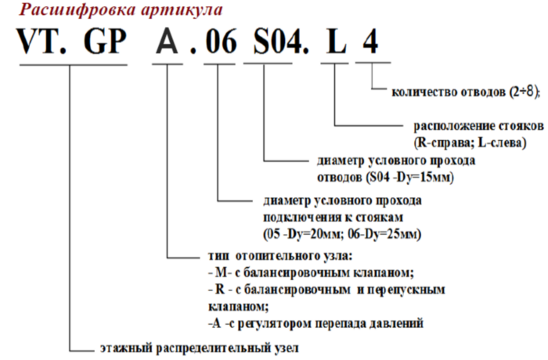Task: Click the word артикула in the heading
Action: click(x=182, y=10)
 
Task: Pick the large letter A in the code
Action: click(x=168, y=41)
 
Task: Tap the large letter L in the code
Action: click(x=336, y=41)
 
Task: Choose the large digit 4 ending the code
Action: click(x=370, y=41)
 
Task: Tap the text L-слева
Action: click(x=502, y=142)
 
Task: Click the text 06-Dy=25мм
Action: click(x=384, y=233)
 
